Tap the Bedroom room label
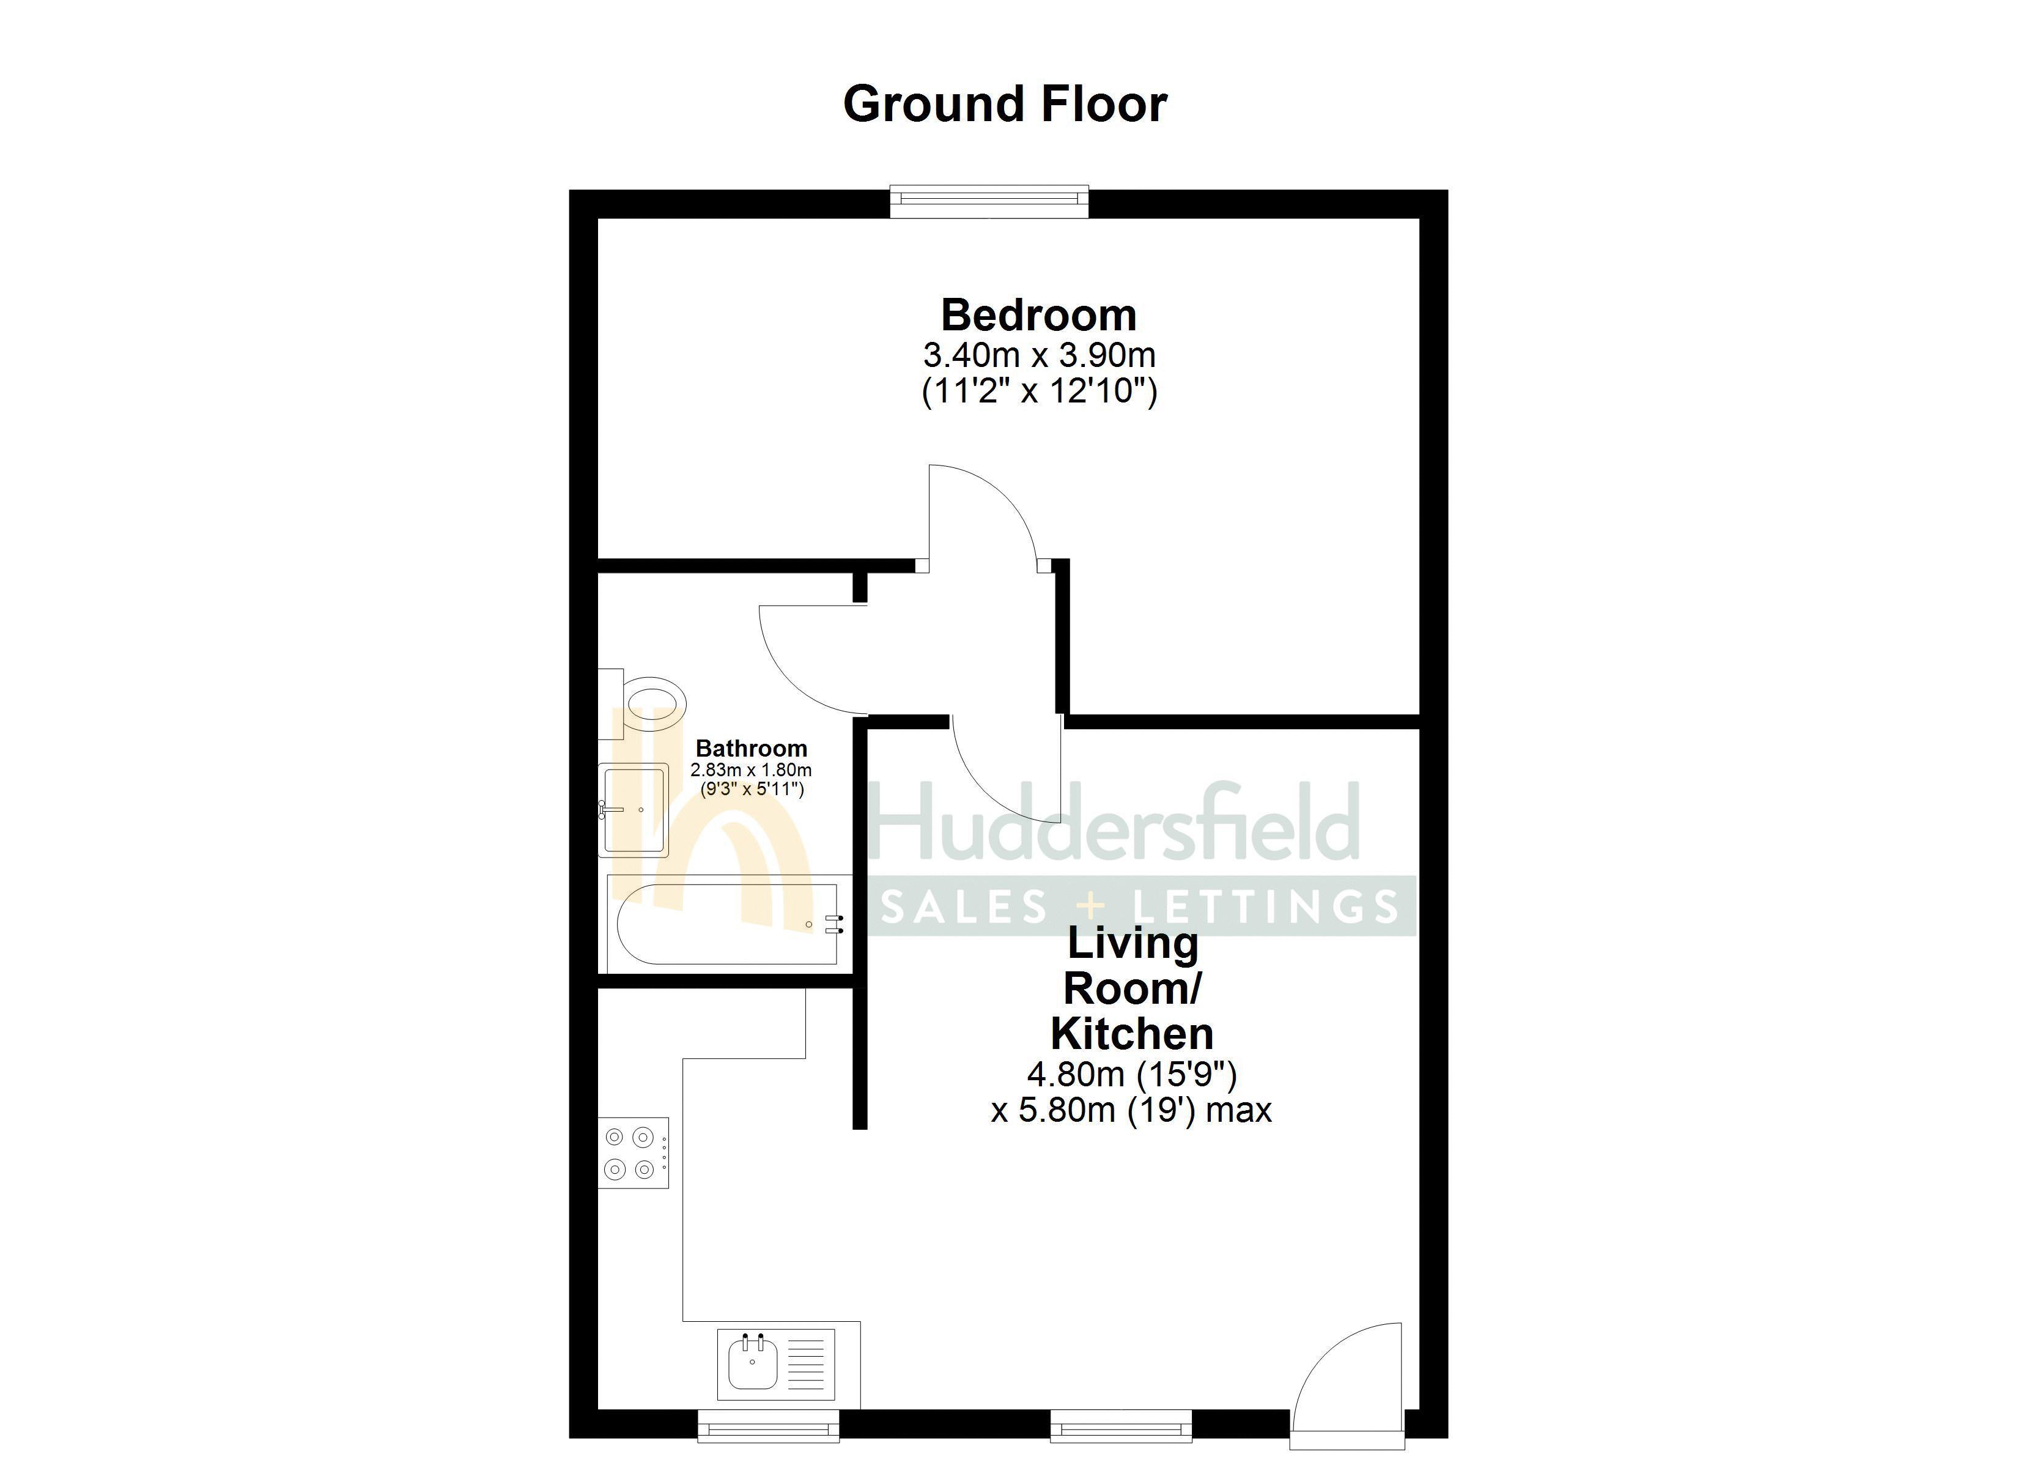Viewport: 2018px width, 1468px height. [x=1038, y=315]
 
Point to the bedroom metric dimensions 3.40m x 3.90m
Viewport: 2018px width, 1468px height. [x=1038, y=356]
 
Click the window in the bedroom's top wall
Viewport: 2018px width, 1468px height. [x=989, y=201]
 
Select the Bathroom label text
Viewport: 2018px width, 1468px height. [x=751, y=749]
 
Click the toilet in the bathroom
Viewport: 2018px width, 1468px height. [x=653, y=704]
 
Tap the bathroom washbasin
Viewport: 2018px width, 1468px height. [x=634, y=809]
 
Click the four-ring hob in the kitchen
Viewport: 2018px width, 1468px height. [x=633, y=1153]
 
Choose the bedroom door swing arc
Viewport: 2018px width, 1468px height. [x=983, y=516]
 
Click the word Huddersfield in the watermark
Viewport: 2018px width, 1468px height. [x=1112, y=823]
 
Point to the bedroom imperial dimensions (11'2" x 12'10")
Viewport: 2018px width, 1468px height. [x=1038, y=391]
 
